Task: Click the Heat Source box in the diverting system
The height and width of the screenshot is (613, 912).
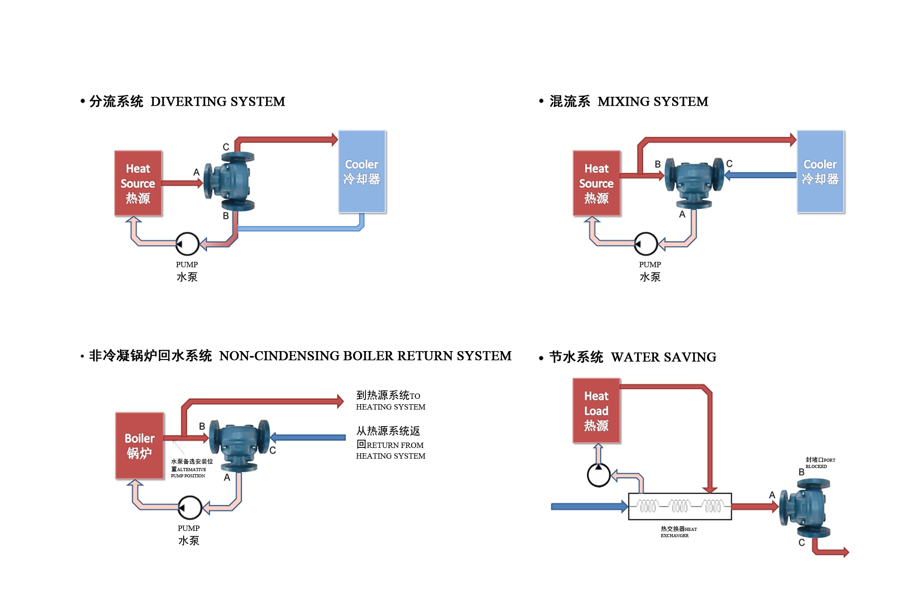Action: (138, 183)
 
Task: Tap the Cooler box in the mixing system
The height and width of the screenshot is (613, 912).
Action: (820, 172)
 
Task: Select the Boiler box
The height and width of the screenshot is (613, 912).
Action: (140, 446)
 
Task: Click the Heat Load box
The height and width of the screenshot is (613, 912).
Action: (596, 410)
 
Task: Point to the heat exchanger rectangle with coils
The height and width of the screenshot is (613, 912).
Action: (679, 506)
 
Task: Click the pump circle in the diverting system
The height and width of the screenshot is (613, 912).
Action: (187, 244)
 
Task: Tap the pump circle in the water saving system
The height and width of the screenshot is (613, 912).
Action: (599, 475)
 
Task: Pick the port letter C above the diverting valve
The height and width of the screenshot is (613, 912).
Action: (226, 147)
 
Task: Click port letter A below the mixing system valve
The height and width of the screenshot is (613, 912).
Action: (682, 215)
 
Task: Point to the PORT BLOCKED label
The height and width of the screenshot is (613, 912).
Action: (820, 463)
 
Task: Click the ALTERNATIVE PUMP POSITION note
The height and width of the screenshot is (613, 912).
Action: (191, 468)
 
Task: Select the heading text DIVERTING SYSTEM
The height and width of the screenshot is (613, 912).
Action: (218, 102)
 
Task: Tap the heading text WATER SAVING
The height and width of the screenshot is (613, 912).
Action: (663, 357)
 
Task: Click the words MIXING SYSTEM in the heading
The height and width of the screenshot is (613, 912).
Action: (653, 102)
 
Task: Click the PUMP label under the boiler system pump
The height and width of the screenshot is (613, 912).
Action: (189, 528)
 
